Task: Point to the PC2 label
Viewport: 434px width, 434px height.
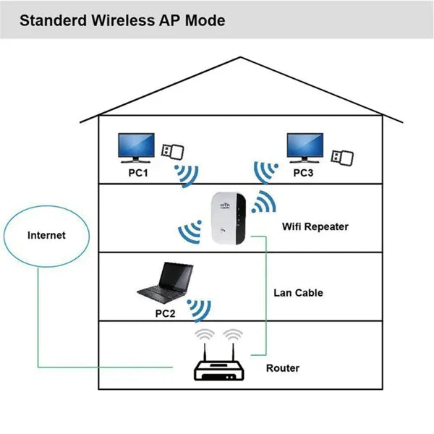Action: pyautogui.click(x=166, y=314)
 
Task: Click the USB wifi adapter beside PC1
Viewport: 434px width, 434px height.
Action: pyautogui.click(x=172, y=152)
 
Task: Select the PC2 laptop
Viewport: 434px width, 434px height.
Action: pyautogui.click(x=166, y=284)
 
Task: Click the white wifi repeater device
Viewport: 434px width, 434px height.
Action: pyautogui.click(x=229, y=219)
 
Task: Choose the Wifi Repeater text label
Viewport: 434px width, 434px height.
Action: pyautogui.click(x=315, y=226)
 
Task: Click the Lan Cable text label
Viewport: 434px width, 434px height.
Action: pyautogui.click(x=298, y=293)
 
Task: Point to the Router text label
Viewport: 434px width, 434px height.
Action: pyautogui.click(x=283, y=368)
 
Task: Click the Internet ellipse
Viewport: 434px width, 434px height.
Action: pyautogui.click(x=46, y=235)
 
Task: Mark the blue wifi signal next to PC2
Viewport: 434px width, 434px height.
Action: pyautogui.click(x=198, y=309)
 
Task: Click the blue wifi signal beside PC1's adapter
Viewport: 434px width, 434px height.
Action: pyautogui.click(x=187, y=174)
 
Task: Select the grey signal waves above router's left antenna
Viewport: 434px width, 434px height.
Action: pyautogui.click(x=206, y=333)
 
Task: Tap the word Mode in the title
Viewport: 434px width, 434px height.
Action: pyautogui.click(x=205, y=20)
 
